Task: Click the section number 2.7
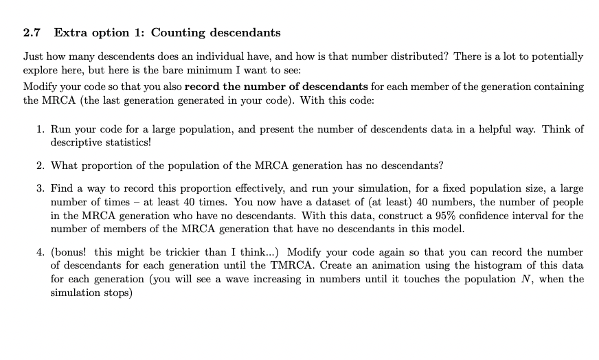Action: tap(32, 32)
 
